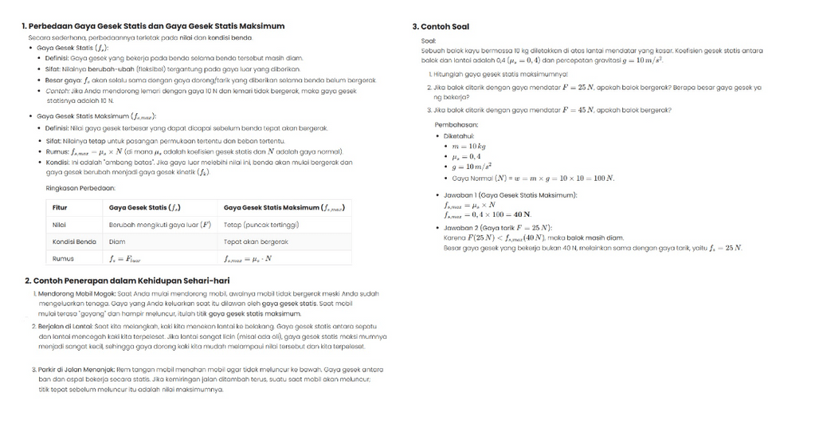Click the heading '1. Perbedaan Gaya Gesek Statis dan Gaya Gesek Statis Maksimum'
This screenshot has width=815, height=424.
[153, 26]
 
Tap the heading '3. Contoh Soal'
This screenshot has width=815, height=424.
[441, 26]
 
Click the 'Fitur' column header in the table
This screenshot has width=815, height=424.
[60, 208]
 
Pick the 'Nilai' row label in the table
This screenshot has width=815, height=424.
[59, 225]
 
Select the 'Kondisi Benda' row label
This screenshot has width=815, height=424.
[74, 241]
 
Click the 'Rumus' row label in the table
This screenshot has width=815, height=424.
[63, 258]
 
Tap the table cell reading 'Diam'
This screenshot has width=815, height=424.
[117, 241]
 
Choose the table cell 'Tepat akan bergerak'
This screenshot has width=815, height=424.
[256, 241]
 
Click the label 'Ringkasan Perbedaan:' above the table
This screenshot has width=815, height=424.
[80, 188]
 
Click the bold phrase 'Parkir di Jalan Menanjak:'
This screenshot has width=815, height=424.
[72, 370]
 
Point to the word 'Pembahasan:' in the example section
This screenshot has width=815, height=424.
[456, 125]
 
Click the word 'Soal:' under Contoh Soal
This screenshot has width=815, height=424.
[429, 40]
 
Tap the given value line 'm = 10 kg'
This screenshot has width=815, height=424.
[468, 147]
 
